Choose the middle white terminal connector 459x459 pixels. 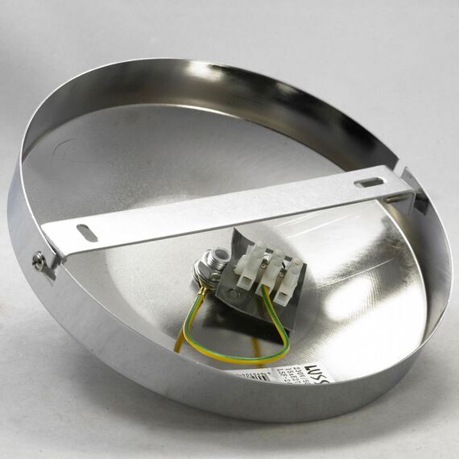(x=269, y=271)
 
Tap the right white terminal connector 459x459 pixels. (x=287, y=280)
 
